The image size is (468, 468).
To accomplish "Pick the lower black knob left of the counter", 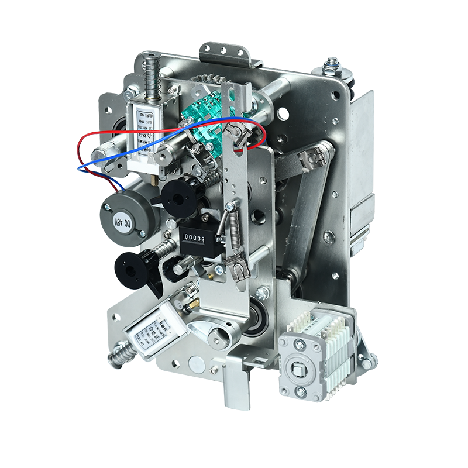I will pyautogui.click(x=132, y=270).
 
